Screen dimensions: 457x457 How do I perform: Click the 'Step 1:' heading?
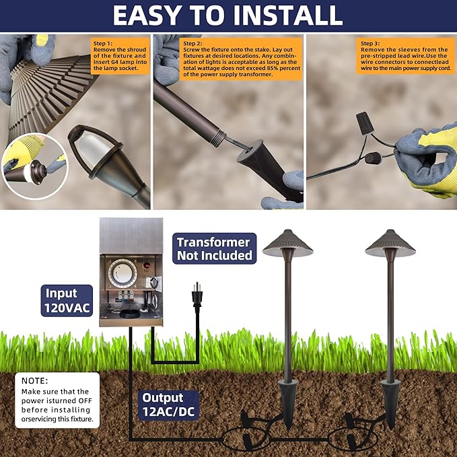[x=102, y=44]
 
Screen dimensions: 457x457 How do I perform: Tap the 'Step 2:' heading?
[x=192, y=44]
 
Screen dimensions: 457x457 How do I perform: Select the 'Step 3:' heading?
[x=370, y=44]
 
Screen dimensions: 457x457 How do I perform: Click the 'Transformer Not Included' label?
[x=215, y=248]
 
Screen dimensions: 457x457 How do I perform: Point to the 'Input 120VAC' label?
[x=67, y=300]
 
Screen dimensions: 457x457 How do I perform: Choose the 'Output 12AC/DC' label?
[x=168, y=405]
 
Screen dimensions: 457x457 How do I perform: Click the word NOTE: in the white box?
[x=35, y=381]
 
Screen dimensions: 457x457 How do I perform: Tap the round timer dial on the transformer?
[x=122, y=273]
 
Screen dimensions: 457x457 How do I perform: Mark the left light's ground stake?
[x=287, y=404]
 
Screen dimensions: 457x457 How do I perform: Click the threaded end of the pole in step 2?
[x=219, y=138]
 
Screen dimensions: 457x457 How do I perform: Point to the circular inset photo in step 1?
[x=35, y=166]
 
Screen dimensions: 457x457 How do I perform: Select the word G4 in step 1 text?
[x=114, y=62]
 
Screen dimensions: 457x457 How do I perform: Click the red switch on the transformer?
[x=147, y=265]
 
